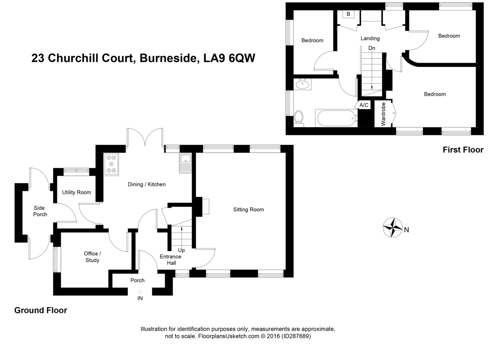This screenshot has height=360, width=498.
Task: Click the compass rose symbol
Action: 393,228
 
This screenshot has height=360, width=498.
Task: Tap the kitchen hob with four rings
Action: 111,164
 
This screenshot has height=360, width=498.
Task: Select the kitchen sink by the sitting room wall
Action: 185,162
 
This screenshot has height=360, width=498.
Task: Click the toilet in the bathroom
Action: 299,118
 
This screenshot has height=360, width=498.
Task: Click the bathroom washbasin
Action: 303,85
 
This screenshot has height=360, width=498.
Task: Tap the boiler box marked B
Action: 348,14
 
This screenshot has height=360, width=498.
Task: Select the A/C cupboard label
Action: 364,105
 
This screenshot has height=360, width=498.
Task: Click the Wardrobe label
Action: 383,114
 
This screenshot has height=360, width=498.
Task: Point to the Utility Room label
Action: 76,192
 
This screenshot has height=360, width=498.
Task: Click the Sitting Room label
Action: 249,210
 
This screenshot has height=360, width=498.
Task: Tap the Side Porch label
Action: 40,211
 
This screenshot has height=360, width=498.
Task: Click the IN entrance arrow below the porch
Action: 140,296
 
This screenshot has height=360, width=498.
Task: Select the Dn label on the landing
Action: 372,48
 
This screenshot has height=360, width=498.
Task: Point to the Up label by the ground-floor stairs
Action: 181,250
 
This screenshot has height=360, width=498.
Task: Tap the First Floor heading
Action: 463,150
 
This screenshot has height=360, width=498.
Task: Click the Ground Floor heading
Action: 41,310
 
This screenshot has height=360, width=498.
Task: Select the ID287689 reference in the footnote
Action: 296,336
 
